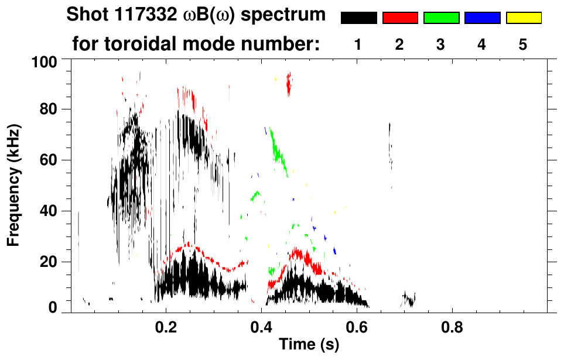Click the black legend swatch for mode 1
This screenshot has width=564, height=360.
click(x=359, y=18)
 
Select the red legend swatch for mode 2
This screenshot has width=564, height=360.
click(x=400, y=18)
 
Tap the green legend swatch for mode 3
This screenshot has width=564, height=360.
click(x=441, y=18)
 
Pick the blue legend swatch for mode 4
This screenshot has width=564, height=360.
click(x=482, y=18)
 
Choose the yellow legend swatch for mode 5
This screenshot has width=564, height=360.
click(x=523, y=18)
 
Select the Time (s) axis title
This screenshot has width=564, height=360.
click(x=309, y=345)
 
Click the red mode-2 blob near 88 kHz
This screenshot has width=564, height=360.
click(x=288, y=85)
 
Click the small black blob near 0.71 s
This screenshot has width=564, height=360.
click(x=409, y=300)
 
